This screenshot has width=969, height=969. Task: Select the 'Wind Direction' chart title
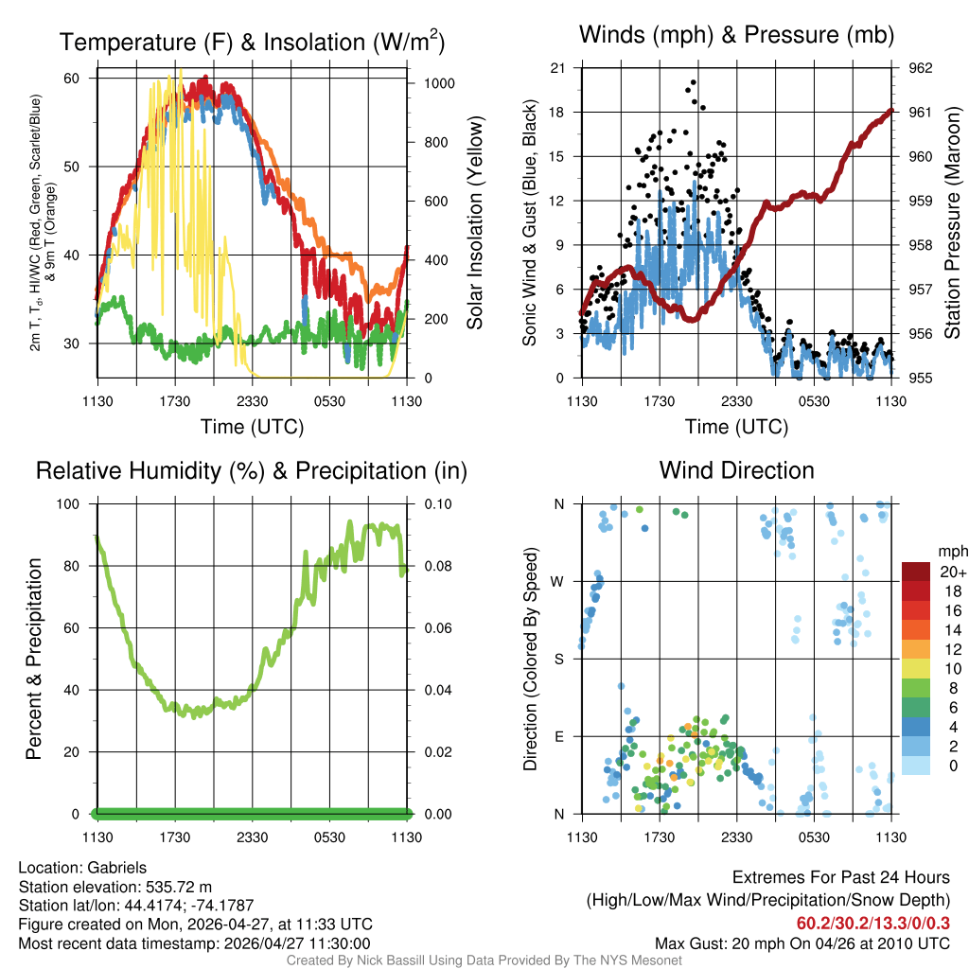point(736,470)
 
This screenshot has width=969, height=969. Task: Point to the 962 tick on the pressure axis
point(921,68)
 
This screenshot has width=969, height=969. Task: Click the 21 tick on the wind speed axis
point(557,68)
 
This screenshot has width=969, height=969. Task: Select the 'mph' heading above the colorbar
point(951,551)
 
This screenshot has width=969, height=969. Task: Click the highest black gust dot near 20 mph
point(693,83)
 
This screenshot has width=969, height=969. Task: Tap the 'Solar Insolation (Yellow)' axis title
point(475,223)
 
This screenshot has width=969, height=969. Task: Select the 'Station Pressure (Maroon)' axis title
point(954,223)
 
